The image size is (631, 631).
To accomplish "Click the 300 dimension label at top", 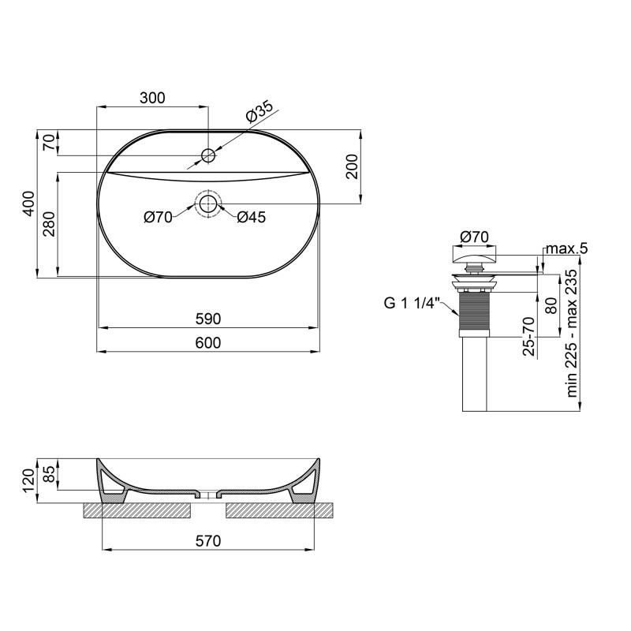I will point(152,98).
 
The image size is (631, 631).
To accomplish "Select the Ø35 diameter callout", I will point(258,113).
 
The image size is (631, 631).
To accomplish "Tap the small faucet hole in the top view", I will point(207,155).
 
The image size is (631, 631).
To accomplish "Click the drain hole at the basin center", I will point(207,204).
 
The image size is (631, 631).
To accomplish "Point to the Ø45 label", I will point(251,218).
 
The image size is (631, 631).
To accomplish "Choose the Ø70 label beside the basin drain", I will point(158,218).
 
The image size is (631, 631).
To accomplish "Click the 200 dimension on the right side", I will point(352,166).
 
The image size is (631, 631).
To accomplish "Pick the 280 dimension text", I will point(48,226).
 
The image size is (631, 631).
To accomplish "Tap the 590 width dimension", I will point(208,319).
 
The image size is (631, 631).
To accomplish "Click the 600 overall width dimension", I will point(208,342).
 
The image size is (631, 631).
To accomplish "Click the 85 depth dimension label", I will point(49,474).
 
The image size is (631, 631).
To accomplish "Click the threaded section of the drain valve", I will point(473,313).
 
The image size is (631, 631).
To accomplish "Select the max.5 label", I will point(568,249).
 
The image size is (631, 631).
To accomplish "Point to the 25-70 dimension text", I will point(531,336).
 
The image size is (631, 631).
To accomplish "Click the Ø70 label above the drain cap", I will point(474,236).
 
